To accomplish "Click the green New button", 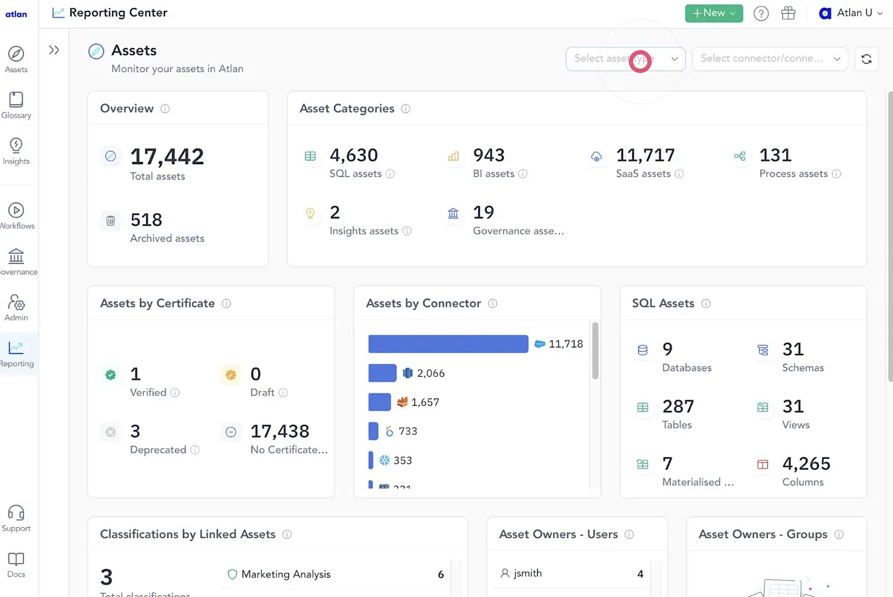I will pyautogui.click(x=713, y=13).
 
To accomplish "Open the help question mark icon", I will pyautogui.click(x=761, y=13).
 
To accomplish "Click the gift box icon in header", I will pyautogui.click(x=788, y=13).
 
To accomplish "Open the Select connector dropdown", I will pyautogui.click(x=770, y=59).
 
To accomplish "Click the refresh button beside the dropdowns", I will pyautogui.click(x=866, y=59).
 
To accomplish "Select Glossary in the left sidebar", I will pyautogui.click(x=16, y=105).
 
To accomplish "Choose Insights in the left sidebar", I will pyautogui.click(x=16, y=151).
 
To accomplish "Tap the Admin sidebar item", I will pyautogui.click(x=16, y=308).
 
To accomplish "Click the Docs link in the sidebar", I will pyautogui.click(x=16, y=565).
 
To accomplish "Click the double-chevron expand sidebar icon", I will pyautogui.click(x=54, y=50).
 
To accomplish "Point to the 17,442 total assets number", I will pyautogui.click(x=167, y=157).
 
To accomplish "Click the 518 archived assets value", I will pyautogui.click(x=146, y=220).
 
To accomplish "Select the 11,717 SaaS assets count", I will pyautogui.click(x=645, y=155).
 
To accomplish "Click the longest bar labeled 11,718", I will pyautogui.click(x=448, y=344).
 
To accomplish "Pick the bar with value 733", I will pyautogui.click(x=373, y=432).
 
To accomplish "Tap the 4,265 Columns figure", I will pyautogui.click(x=806, y=464).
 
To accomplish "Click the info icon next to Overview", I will pyautogui.click(x=165, y=109).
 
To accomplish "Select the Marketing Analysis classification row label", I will pyautogui.click(x=286, y=575).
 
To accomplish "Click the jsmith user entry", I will pyautogui.click(x=527, y=574).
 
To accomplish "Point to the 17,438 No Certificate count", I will pyautogui.click(x=279, y=432).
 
